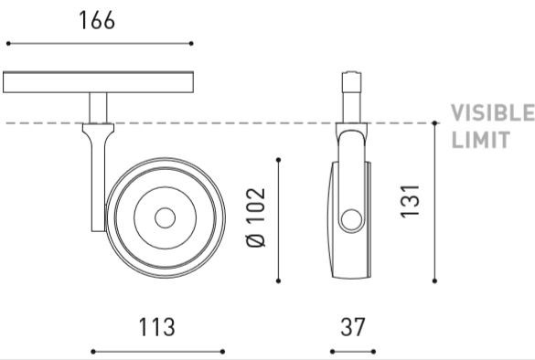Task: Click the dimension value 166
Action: click(97, 20)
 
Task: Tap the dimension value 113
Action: click(157, 327)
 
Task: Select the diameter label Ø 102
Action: click(256, 217)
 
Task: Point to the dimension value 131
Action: click(410, 201)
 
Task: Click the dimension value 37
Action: click(353, 327)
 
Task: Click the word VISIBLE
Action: click(493, 112)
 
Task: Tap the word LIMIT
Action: click(481, 140)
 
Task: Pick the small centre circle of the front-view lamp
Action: click(166, 217)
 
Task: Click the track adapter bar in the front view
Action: click(98, 82)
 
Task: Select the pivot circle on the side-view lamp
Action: click(351, 220)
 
